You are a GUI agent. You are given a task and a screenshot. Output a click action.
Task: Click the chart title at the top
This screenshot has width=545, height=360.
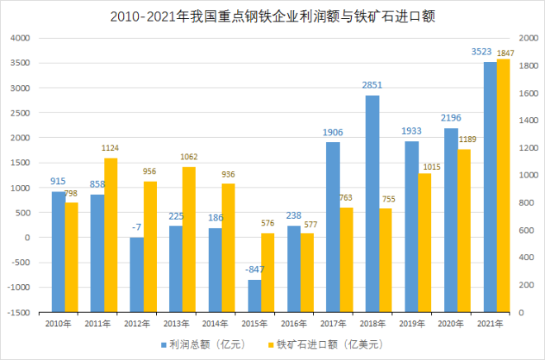point(272,17)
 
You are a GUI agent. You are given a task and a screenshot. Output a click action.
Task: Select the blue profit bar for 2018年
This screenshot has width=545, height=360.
point(372,165)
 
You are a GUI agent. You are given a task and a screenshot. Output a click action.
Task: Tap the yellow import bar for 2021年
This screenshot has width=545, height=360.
point(504,186)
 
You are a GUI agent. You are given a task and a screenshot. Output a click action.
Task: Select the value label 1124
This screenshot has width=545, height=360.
point(111,149)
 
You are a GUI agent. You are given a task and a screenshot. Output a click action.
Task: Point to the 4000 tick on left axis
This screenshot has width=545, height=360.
point(19,38)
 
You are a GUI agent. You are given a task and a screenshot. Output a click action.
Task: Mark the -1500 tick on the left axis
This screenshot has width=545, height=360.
point(17,313)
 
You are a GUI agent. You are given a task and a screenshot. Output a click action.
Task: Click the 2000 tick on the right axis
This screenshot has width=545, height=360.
point(527,38)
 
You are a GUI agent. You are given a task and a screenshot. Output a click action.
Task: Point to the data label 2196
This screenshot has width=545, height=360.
point(450,118)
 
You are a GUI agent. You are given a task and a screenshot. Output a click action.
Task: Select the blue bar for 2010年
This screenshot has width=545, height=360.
point(58,215)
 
